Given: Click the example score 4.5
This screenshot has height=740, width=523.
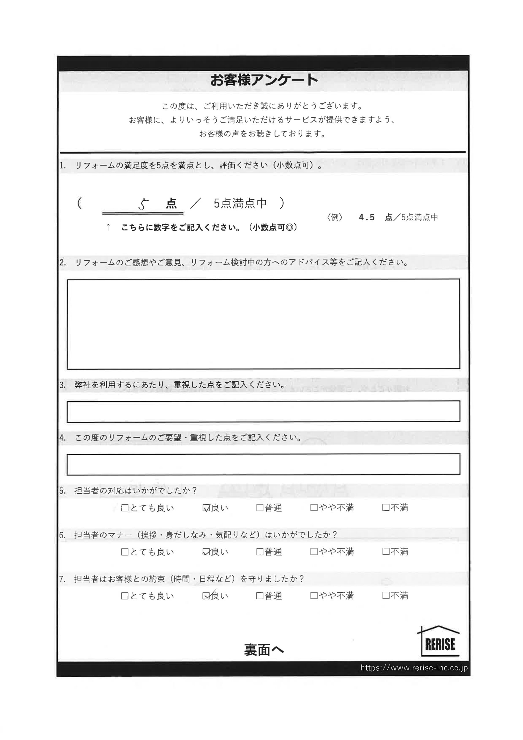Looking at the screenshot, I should click(x=367, y=218).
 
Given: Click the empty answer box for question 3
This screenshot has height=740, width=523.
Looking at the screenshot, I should click(x=263, y=411).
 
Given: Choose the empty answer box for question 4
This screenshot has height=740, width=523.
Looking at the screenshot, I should click(x=263, y=464).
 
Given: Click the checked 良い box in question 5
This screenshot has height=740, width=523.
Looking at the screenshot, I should click(x=206, y=508).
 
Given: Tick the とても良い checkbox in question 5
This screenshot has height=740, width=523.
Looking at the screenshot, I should click(x=125, y=508).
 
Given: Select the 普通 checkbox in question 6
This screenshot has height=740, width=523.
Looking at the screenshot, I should click(x=260, y=552).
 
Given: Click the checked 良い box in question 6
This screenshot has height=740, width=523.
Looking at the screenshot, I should click(x=206, y=552).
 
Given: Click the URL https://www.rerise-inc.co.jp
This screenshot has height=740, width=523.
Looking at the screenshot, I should click(x=414, y=668).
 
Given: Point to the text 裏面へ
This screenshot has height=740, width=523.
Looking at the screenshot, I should click(x=264, y=650).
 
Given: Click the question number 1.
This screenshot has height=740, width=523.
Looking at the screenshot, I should click(x=62, y=166).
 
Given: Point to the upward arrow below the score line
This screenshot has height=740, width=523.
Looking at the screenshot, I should click(x=108, y=227).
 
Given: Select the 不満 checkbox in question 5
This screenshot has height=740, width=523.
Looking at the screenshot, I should click(x=386, y=508).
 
